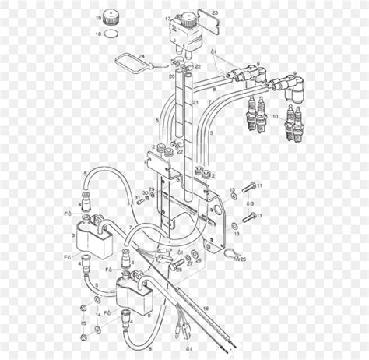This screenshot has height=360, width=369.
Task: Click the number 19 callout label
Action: pos(99,17)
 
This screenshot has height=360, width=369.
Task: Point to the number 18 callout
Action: pos(99,34)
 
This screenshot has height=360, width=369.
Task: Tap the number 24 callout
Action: pos(142,55)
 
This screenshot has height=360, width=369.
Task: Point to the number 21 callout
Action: pos(195,102)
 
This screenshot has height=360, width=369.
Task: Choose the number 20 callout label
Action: pos(172,77)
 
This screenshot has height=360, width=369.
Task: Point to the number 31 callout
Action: pos(137,198)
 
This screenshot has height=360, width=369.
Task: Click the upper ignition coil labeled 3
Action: pos(99,232)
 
